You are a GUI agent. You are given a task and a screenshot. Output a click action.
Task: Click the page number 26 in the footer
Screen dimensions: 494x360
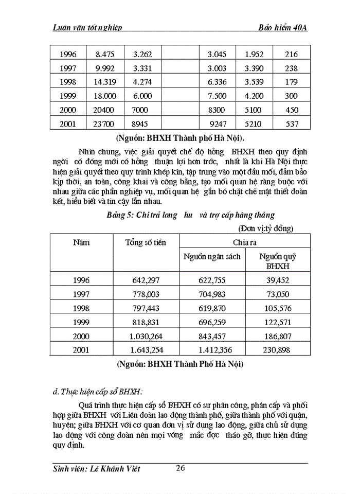tap(180, 468)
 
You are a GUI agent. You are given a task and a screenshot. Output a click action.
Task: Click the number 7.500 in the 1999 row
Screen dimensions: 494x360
tap(216, 95)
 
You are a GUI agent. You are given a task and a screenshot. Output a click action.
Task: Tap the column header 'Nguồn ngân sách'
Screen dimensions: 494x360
tap(212, 256)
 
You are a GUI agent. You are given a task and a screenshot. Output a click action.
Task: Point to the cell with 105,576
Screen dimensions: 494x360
tap(278, 308)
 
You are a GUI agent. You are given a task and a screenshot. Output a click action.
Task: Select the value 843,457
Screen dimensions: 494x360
tap(212, 336)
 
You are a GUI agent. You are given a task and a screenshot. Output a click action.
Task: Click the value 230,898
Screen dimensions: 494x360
tap(278, 350)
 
